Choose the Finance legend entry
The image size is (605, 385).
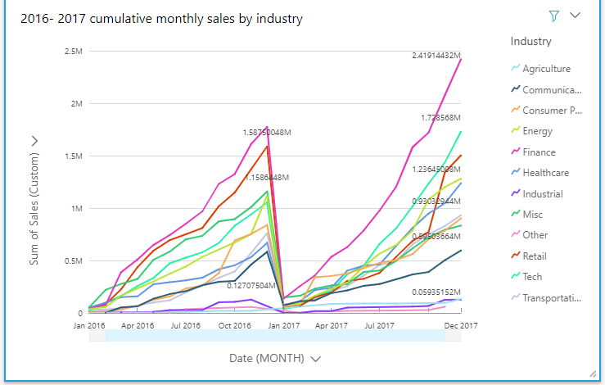(539, 152)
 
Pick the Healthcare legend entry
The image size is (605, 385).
(545, 173)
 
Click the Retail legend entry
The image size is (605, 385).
(535, 256)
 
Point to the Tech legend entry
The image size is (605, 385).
(532, 277)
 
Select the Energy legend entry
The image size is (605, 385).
(537, 131)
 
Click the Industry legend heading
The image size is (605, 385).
(531, 41)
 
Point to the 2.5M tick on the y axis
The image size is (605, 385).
(72, 52)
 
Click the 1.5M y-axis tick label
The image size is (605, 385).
(72, 156)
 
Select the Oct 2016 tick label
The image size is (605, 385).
(234, 325)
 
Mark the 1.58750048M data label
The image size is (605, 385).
(274, 132)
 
